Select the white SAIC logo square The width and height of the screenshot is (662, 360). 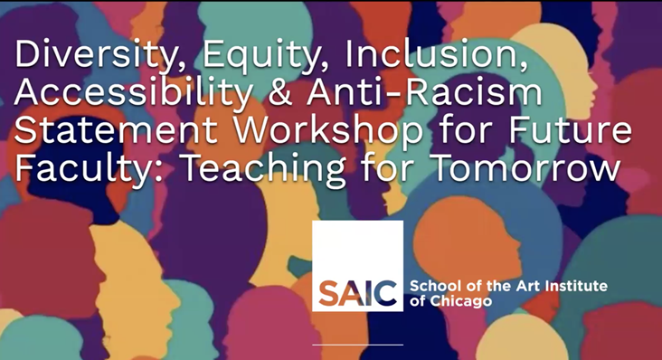pyautogui.click(x=357, y=265)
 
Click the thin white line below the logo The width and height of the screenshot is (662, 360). pyautogui.click(x=357, y=344)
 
